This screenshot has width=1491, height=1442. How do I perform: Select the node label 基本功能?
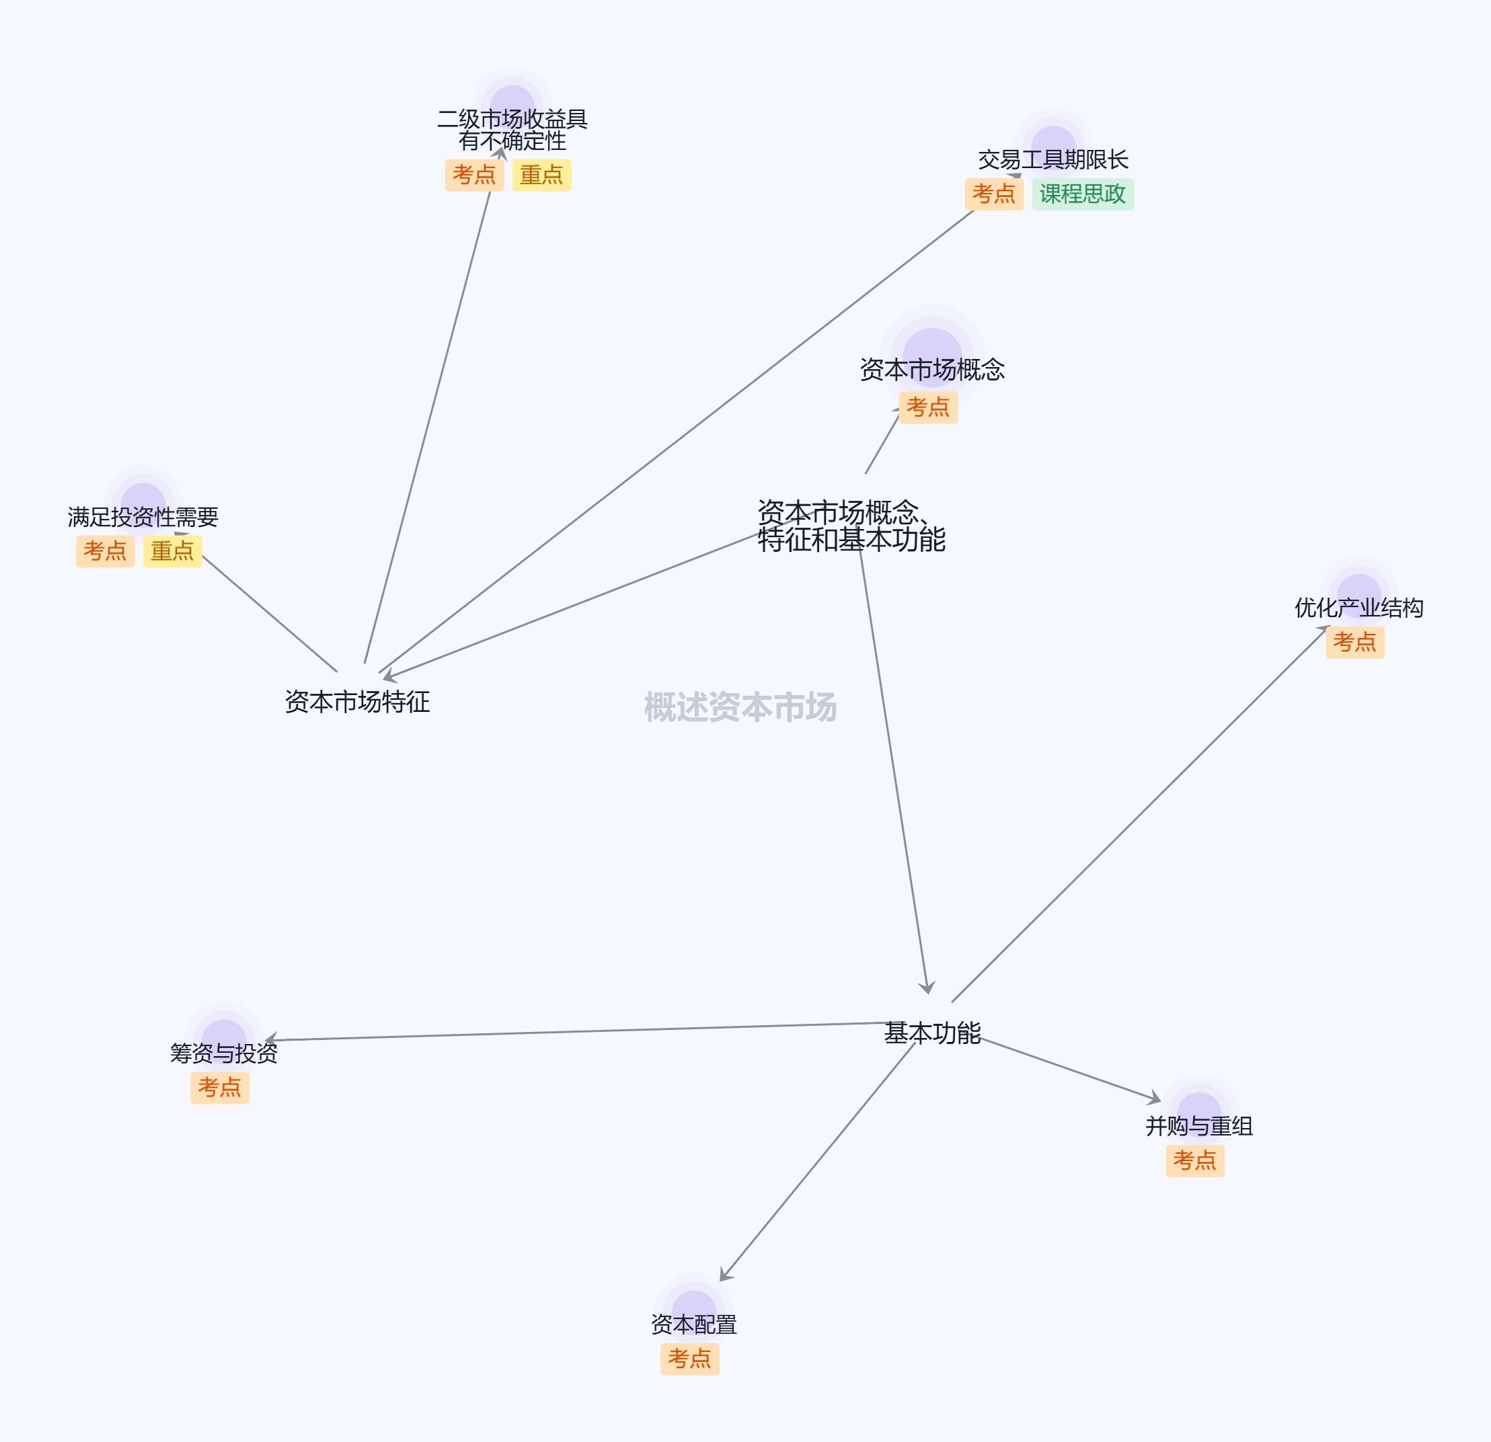click(932, 1033)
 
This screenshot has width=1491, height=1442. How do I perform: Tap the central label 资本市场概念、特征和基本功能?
click(851, 526)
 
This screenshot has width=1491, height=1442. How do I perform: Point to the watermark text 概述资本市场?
click(740, 707)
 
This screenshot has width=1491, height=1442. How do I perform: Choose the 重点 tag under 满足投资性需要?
click(172, 551)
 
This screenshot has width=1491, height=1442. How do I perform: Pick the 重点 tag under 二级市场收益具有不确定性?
click(541, 175)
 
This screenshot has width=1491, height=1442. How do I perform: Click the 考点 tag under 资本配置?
click(689, 1359)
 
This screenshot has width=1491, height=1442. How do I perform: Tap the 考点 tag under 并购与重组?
click(1194, 1160)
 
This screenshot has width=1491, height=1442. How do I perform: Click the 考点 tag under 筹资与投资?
click(219, 1088)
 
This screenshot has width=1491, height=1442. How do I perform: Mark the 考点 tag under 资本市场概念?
click(927, 407)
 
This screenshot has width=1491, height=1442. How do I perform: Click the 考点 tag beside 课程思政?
click(993, 194)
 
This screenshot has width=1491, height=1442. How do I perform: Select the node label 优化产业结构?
click(1359, 608)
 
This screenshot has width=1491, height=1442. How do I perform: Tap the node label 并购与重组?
click(1199, 1126)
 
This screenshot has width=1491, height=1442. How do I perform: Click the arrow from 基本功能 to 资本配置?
click(818, 1160)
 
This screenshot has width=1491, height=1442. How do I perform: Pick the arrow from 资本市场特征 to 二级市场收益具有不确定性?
click(428, 426)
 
